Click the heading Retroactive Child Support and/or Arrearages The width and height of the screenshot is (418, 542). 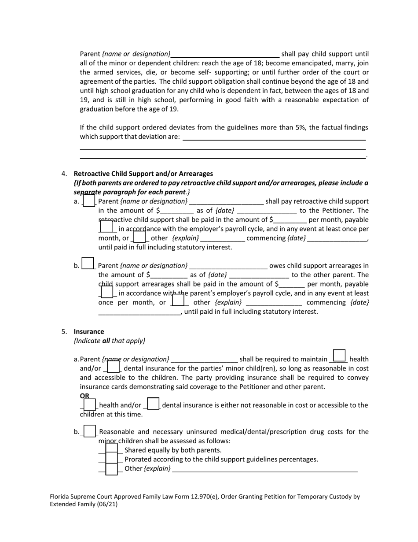(143, 174)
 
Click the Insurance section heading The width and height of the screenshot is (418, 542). (89, 331)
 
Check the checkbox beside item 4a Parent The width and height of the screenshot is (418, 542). (89, 201)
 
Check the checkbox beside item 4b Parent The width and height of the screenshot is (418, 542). (88, 264)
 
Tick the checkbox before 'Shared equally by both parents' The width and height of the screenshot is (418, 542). (112, 449)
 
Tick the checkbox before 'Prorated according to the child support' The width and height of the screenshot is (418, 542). (112, 459)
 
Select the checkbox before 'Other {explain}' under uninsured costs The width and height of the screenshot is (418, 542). (112, 469)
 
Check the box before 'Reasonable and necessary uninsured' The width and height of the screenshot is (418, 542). (90, 431)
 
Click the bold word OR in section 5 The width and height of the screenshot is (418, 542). (84, 396)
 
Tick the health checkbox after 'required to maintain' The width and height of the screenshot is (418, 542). (339, 356)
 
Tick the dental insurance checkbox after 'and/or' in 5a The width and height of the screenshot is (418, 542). (114, 367)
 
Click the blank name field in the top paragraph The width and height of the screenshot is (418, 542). (225, 54)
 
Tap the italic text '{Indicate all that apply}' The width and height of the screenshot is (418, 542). (110, 341)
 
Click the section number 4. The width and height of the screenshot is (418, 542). (64, 174)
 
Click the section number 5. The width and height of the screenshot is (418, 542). (64, 331)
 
